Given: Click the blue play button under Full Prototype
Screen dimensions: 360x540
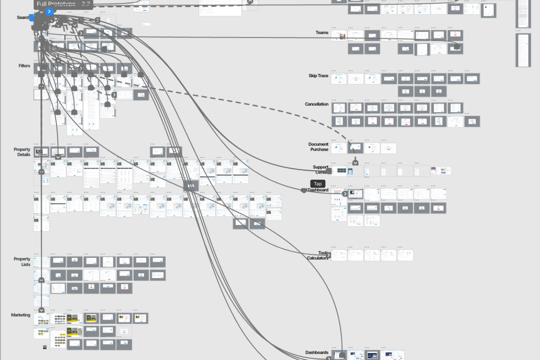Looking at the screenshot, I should click(49, 12).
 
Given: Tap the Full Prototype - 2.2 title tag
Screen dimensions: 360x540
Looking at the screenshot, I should click(63, 4).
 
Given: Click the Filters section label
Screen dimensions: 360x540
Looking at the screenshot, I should click(24, 66).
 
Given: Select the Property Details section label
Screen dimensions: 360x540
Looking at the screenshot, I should click(22, 152).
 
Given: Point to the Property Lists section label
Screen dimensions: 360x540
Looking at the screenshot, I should click(22, 262).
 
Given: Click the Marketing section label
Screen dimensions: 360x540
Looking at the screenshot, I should click(21, 315).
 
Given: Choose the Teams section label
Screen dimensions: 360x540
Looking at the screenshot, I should click(322, 32).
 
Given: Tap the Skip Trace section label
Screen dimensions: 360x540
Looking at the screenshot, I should click(318, 76).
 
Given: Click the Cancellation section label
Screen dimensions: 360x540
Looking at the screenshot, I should click(317, 104).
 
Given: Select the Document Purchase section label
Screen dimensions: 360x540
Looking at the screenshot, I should click(318, 147).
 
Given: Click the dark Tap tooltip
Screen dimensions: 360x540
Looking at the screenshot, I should click(318, 184).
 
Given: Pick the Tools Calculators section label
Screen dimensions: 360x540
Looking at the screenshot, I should click(317, 255).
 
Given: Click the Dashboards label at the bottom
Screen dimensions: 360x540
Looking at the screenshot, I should click(317, 353).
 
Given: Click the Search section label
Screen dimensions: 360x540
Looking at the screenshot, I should click(23, 17).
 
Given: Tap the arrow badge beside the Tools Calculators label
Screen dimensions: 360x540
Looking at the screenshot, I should click(328, 255).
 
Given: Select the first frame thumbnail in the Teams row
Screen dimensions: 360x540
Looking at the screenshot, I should click(339, 36).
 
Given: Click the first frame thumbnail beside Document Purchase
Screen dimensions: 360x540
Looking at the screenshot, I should click(339, 148).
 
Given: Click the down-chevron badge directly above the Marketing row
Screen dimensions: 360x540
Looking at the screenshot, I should click(41, 310).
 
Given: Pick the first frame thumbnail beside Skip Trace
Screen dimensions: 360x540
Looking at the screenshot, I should click(339, 79).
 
